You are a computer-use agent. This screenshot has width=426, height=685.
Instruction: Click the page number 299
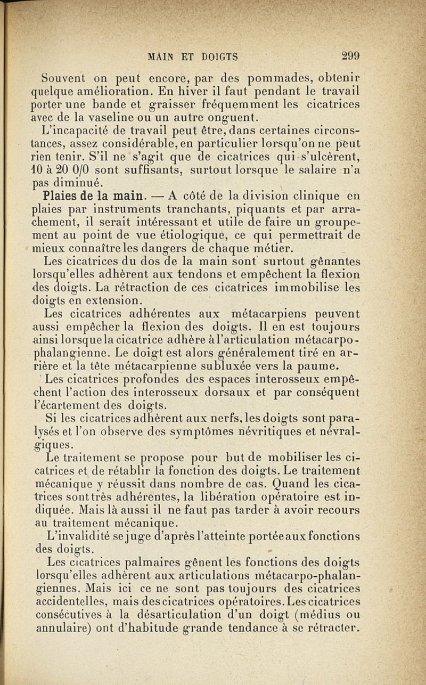click(x=351, y=55)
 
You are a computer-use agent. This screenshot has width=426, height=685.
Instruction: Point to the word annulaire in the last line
click(x=61, y=628)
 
